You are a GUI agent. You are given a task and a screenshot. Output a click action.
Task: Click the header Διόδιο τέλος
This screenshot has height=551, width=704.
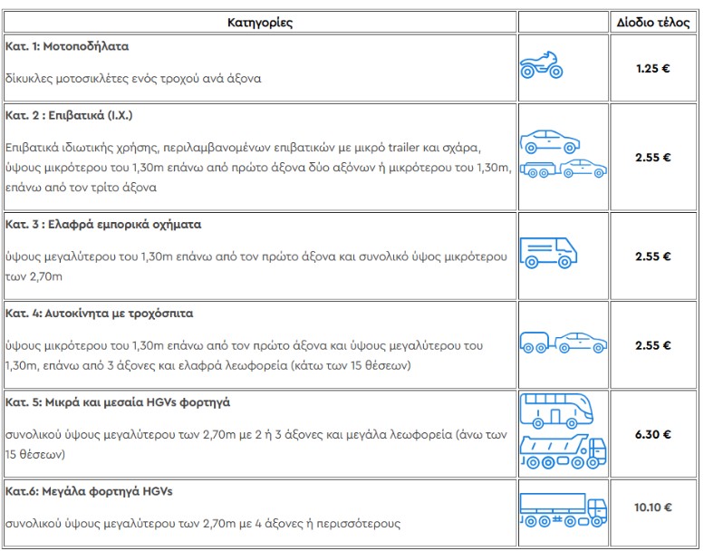[x=652, y=23]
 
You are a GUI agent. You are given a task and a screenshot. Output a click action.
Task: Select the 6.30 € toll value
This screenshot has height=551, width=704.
[x=652, y=434]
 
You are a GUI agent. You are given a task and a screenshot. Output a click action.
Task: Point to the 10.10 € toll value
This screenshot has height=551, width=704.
[x=652, y=507]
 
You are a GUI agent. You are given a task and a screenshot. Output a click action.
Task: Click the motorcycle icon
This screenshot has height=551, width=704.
[x=541, y=65]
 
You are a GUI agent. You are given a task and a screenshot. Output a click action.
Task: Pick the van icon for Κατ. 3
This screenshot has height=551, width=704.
[x=549, y=251]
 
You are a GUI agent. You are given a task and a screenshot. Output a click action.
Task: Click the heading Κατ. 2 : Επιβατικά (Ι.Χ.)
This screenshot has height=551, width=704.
[x=69, y=116]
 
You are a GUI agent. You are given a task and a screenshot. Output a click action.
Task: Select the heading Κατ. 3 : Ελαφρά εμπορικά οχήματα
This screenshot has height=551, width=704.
[x=102, y=224]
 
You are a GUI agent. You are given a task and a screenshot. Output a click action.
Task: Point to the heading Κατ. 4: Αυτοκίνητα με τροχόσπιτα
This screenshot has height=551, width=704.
[x=99, y=313]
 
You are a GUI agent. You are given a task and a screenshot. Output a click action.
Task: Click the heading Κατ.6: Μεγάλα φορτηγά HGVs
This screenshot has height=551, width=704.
[x=88, y=490]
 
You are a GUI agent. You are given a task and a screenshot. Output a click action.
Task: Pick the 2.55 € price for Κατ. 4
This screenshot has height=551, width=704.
[x=652, y=345]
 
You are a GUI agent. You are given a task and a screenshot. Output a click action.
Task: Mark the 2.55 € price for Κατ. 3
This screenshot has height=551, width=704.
[x=652, y=256]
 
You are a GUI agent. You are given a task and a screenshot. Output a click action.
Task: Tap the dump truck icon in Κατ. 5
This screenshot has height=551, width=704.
[x=563, y=453]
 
